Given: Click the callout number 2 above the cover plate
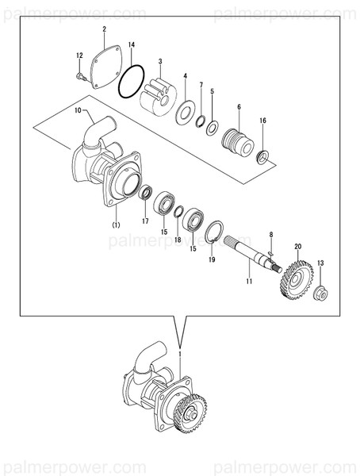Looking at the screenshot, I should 104,29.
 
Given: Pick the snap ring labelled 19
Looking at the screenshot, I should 213,232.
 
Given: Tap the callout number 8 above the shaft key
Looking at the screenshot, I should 270,234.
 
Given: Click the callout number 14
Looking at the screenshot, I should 132,45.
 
